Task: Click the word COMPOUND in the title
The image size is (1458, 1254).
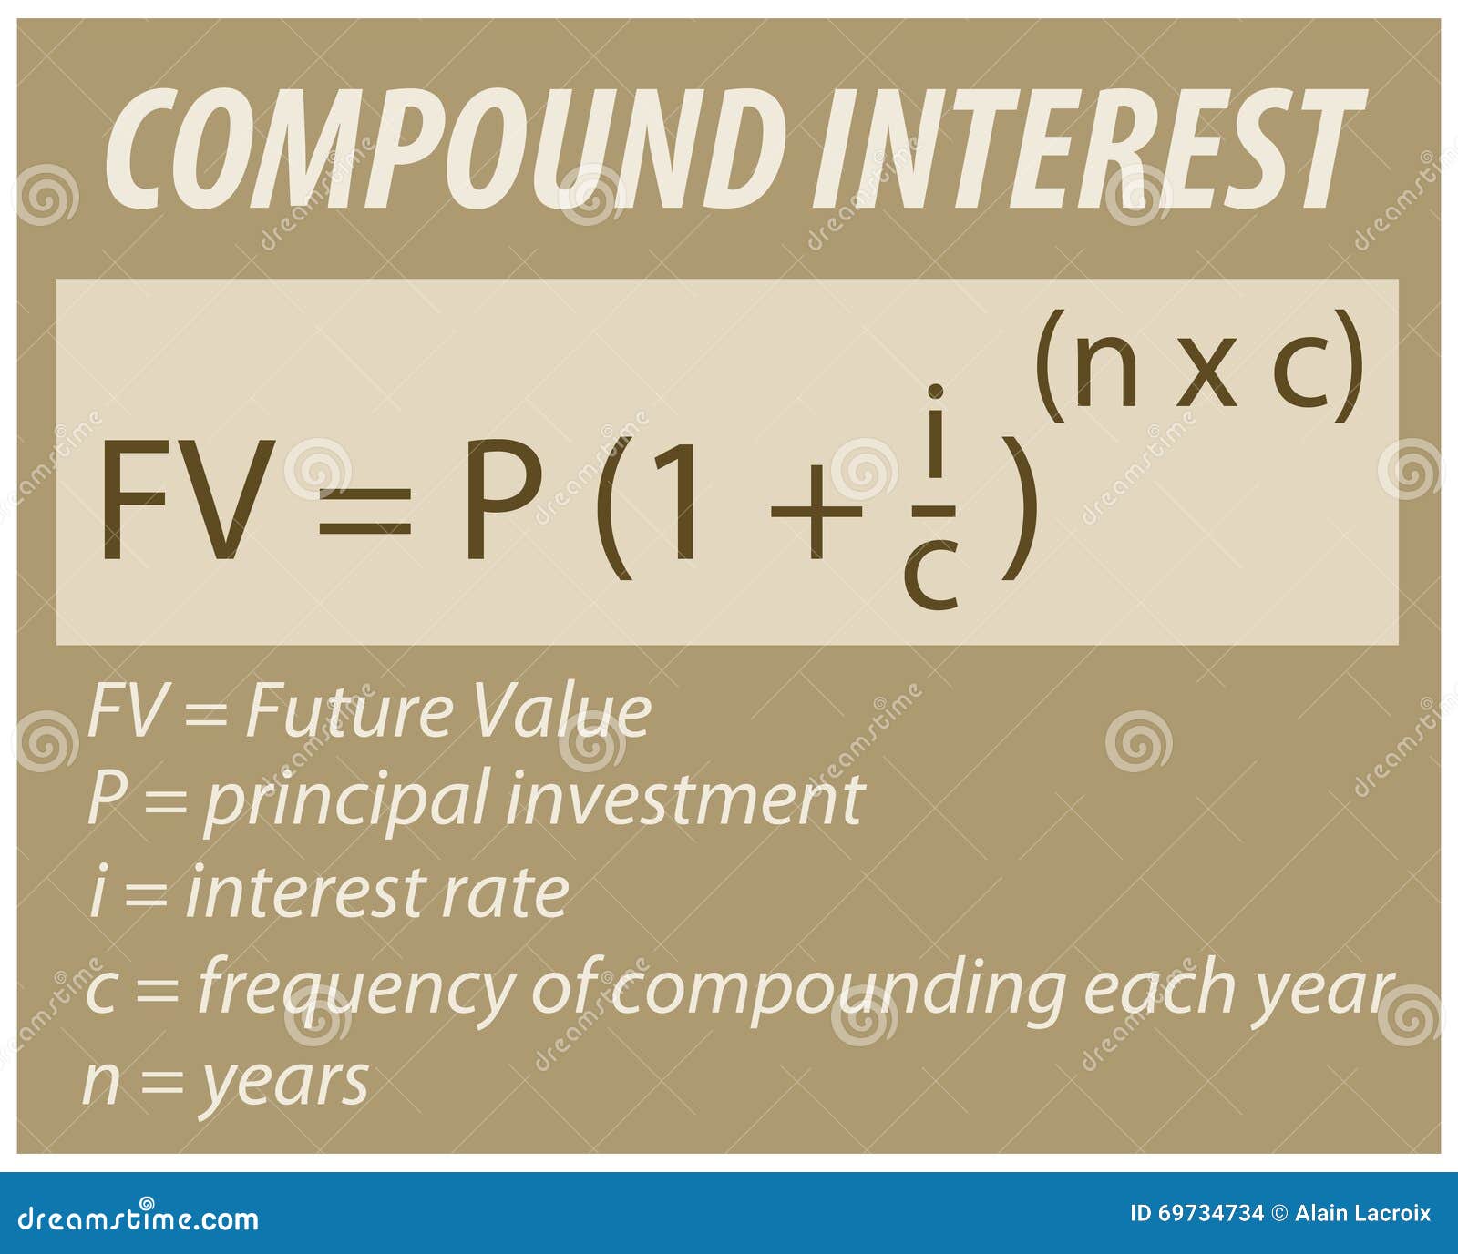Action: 447,148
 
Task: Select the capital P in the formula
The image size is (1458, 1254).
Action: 502,500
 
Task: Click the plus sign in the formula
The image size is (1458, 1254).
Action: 816,511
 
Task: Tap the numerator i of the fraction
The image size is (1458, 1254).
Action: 934,433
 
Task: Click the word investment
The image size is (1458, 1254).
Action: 683,800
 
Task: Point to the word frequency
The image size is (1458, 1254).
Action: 356,989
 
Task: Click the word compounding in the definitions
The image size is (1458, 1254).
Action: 838,989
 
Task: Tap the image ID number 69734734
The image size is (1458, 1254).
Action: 1209,1213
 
